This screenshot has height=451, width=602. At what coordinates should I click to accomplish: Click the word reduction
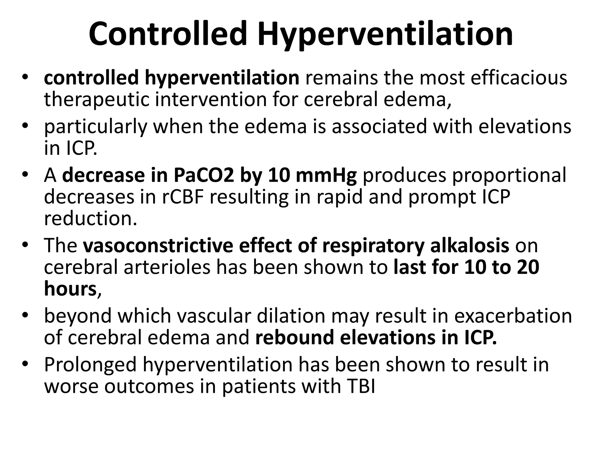coord(91,218)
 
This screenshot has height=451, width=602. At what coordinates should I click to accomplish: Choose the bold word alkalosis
coord(469,245)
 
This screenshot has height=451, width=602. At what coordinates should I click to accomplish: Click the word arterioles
coord(167,267)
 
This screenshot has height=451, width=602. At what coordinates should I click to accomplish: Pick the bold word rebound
coord(295,338)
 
